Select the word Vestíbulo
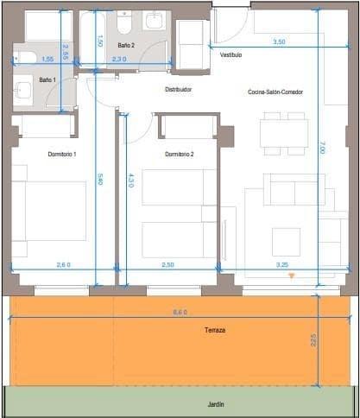(231, 54)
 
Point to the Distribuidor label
(178, 89)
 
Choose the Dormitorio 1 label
(63, 154)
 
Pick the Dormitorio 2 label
(180, 154)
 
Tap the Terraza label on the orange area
(216, 330)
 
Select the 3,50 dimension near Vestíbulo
(279, 41)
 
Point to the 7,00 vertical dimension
(321, 149)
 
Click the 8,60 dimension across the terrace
(180, 312)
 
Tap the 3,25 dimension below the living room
(281, 264)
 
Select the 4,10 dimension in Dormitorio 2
(130, 180)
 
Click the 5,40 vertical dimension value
(100, 180)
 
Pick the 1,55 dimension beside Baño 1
(47, 59)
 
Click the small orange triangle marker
(291, 276)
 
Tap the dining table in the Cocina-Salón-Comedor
(284, 132)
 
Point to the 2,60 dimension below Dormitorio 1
(63, 264)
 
